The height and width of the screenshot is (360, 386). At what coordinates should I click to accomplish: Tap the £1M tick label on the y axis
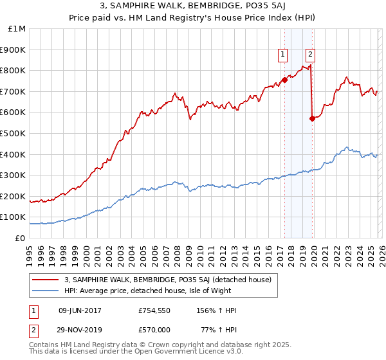click(17, 28)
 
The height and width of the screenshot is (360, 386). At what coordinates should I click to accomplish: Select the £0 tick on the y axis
click(21, 238)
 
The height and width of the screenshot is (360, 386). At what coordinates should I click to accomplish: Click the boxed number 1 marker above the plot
click(283, 55)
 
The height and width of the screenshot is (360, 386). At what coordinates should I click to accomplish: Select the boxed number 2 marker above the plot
click(311, 55)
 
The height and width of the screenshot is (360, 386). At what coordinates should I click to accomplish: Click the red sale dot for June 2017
click(284, 80)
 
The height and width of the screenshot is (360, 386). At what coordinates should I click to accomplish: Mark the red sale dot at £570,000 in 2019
click(312, 118)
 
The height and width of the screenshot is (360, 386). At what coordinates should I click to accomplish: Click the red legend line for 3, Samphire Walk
click(45, 280)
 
